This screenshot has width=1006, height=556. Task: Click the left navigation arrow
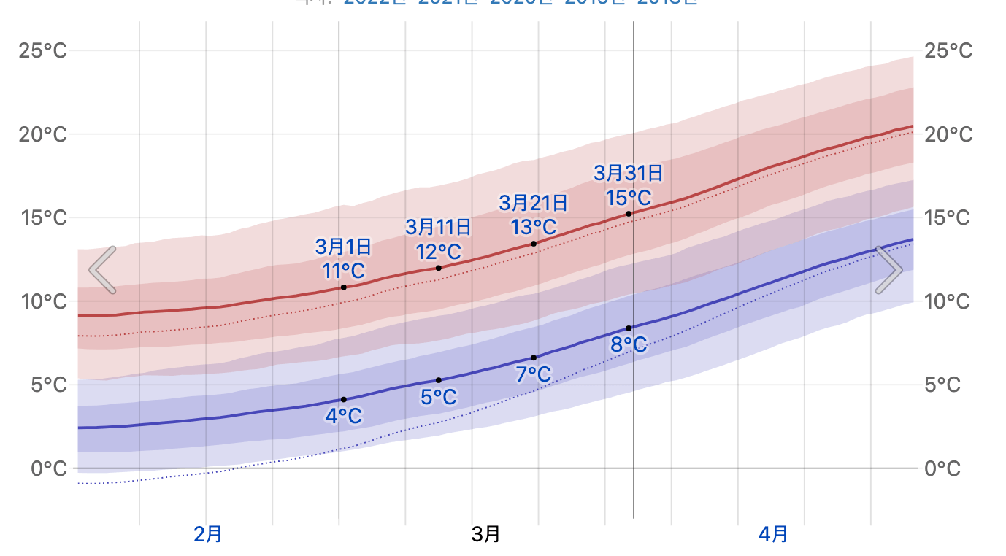point(103,270)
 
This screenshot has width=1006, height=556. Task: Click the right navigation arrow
point(888,270)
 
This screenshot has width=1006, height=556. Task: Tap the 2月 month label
point(208,534)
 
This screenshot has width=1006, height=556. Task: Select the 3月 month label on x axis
point(486,534)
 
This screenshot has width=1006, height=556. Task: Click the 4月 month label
point(773,534)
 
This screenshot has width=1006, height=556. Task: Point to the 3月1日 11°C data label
point(344,258)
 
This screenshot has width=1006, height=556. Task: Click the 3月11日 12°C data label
point(439,239)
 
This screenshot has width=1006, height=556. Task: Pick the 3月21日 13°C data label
point(534,215)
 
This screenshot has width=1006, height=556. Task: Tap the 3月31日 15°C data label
point(629,185)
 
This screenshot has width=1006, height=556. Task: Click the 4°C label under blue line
point(344,417)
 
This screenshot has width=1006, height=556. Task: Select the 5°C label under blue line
point(439,397)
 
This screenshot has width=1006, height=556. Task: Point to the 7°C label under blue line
point(534,374)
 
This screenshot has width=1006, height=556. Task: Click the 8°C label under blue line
point(629,344)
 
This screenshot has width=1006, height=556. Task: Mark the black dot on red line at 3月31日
point(629,213)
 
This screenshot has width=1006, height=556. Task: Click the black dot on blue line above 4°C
point(344,399)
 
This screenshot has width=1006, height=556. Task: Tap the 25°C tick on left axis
point(43,51)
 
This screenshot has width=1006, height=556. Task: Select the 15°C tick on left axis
point(43,218)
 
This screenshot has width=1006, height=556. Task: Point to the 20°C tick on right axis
point(948,135)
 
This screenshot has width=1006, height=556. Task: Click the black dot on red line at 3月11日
point(439,268)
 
